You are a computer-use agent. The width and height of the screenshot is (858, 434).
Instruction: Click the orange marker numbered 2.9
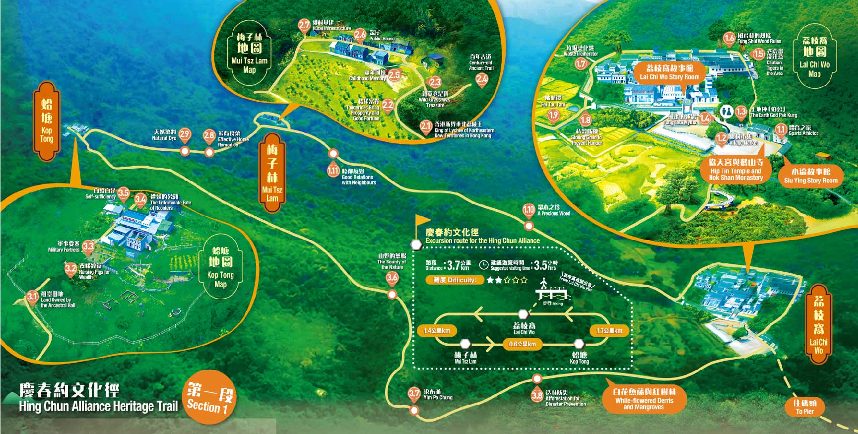185,134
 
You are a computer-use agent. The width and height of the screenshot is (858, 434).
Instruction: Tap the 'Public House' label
382,38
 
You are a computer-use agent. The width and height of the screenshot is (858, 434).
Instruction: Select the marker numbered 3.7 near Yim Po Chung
414,394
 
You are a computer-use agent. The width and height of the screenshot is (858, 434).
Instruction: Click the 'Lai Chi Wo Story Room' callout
669,72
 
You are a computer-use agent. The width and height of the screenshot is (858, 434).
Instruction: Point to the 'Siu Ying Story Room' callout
810,176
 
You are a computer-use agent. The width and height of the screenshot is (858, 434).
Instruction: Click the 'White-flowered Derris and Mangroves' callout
644,399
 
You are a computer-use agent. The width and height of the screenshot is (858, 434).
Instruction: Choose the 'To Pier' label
804,407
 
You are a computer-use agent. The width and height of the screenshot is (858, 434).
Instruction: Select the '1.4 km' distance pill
437,331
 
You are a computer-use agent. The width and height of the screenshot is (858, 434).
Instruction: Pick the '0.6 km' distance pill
523,344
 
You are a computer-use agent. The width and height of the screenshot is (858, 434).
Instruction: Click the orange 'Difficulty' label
455,280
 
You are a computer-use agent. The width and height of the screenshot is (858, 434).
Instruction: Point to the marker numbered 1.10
528,210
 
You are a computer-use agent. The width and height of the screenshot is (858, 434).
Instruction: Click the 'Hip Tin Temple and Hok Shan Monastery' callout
736,170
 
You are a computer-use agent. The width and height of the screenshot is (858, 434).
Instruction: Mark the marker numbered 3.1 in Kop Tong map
32,297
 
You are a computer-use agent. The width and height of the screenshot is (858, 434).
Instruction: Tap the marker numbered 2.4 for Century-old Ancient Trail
481,79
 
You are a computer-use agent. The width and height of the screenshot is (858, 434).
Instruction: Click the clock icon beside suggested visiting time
484,265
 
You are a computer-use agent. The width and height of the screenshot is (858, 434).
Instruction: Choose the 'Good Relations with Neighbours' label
358,180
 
